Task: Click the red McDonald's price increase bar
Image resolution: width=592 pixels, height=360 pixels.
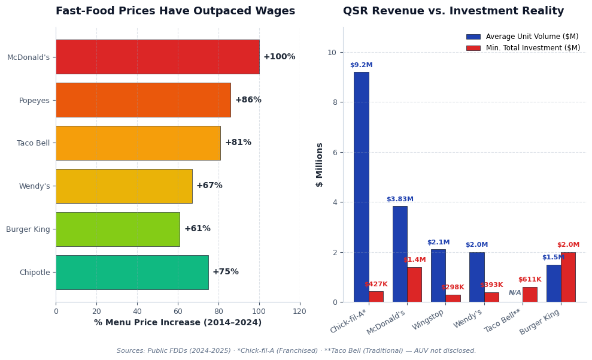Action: [157, 57]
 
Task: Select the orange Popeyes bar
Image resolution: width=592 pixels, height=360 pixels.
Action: [143, 100]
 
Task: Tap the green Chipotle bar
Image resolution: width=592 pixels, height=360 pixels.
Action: [132, 272]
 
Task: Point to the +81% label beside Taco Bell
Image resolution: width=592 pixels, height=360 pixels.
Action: [238, 143]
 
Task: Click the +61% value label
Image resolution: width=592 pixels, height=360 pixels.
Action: [197, 229]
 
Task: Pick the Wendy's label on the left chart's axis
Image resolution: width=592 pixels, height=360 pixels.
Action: [35, 186]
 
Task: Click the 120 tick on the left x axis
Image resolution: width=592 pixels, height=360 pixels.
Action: [299, 311]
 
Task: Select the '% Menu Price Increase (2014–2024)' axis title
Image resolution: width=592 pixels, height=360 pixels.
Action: [178, 323]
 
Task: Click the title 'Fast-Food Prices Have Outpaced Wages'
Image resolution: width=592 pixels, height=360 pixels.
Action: [175, 11]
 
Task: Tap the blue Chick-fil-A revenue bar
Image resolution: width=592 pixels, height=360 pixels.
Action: [361, 187]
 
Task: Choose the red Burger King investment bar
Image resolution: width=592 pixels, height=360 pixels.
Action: [568, 277]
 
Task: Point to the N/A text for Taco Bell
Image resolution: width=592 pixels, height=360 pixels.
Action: [515, 293]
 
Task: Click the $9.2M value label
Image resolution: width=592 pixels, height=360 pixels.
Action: [361, 65]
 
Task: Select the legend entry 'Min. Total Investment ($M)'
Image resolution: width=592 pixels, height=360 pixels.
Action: [533, 48]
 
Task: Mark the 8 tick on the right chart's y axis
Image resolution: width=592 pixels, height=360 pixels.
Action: [332, 102]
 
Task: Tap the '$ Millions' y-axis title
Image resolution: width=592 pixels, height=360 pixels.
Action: [320, 165]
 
